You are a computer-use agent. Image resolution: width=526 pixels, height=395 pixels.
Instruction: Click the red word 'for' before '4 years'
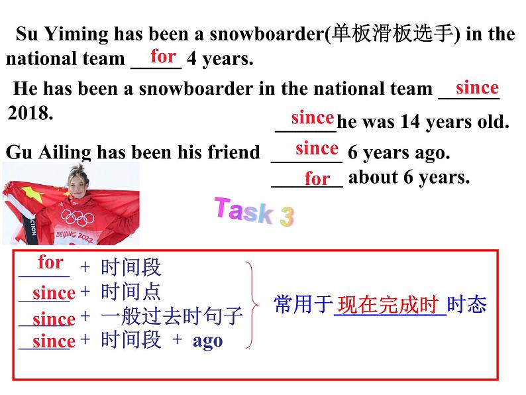pyautogui.click(x=163, y=56)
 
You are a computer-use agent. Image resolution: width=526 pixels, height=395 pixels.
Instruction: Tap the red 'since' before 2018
pyautogui.click(x=477, y=87)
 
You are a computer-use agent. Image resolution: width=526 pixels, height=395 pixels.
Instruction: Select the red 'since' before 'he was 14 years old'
pyautogui.click(x=312, y=118)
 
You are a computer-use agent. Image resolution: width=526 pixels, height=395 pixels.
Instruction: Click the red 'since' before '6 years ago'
pyautogui.click(x=317, y=148)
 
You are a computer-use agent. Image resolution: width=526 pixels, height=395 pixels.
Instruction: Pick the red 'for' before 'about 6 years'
pyautogui.click(x=317, y=179)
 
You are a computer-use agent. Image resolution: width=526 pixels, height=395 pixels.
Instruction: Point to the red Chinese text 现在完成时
pyautogui.click(x=388, y=305)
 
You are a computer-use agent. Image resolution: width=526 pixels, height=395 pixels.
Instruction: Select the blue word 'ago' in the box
pyautogui.click(x=207, y=341)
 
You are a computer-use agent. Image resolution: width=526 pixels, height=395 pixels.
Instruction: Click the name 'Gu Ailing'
pyautogui.click(x=49, y=152)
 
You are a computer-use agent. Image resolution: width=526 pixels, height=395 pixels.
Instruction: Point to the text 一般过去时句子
pyautogui.click(x=172, y=317)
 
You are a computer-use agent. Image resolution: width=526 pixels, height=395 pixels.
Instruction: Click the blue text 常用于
pyautogui.click(x=302, y=305)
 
